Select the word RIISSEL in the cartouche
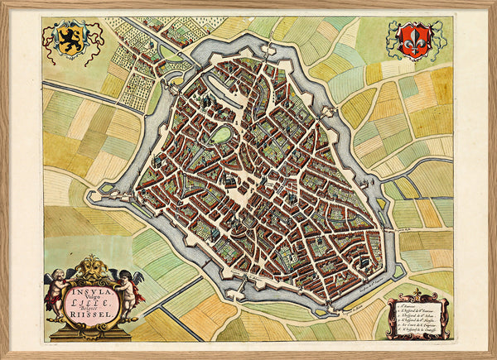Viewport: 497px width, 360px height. coord(93,314)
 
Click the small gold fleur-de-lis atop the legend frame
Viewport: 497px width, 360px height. coord(418,291)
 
